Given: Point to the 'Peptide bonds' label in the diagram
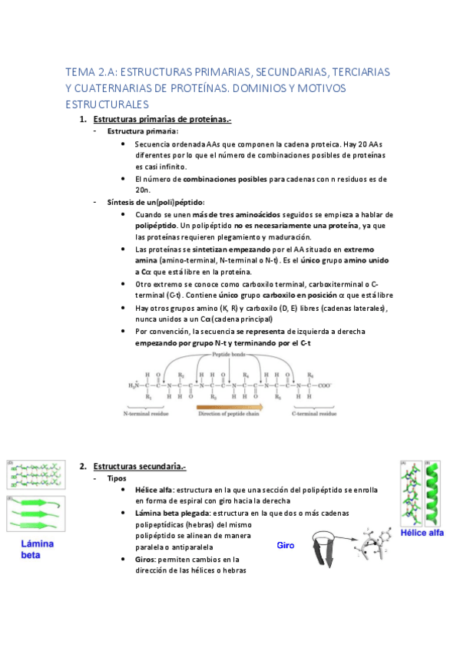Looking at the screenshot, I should pyautogui.click(x=230, y=355).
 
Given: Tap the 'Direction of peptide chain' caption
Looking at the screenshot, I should pyautogui.click(x=230, y=414).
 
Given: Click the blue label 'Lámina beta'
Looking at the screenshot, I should pyautogui.click(x=36, y=549).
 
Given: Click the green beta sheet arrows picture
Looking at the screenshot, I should pyautogui.click(x=35, y=514).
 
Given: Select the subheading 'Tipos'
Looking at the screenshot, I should pyautogui.click(x=117, y=478).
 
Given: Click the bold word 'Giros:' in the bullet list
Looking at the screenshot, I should pyautogui.click(x=148, y=560).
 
